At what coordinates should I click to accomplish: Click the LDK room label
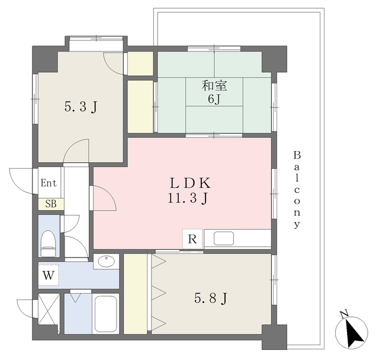(190, 183)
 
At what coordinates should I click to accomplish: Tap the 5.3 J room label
(81, 107)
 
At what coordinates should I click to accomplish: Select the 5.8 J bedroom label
(211, 298)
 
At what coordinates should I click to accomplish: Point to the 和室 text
(214, 86)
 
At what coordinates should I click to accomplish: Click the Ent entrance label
(49, 183)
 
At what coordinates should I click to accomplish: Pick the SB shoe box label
(51, 204)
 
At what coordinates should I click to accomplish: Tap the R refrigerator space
(192, 239)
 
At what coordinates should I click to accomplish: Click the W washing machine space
(49, 275)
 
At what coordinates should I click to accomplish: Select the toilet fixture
(48, 243)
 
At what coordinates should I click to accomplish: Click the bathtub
(106, 314)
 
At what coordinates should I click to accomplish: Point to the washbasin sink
(106, 261)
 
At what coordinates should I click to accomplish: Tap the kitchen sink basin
(224, 239)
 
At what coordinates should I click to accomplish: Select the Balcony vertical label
(297, 189)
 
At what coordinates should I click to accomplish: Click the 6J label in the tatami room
(214, 99)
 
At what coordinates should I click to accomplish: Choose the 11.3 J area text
(188, 198)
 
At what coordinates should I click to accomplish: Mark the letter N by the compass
(343, 314)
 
